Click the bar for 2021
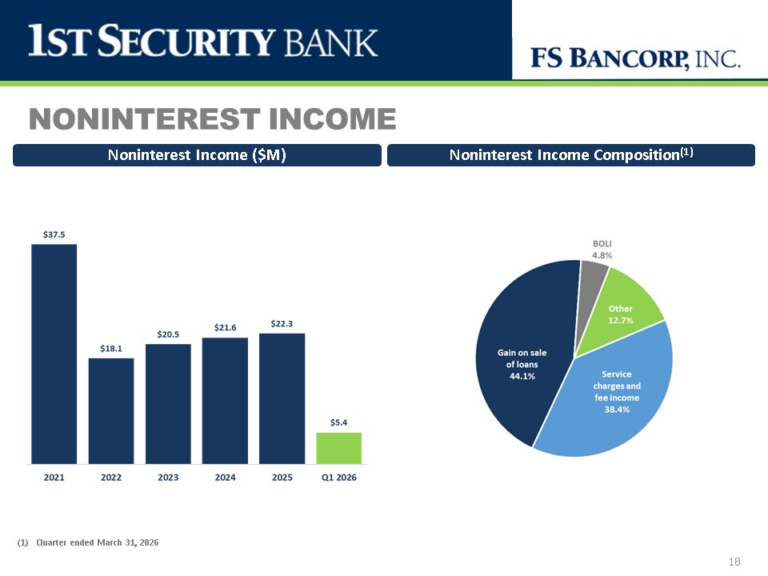[54, 354]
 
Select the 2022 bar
[111, 411]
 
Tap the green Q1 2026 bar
[339, 448]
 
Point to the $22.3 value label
[282, 324]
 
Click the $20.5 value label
[168, 334]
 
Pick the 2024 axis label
[225, 478]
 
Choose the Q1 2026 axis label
[339, 478]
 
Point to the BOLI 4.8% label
[602, 250]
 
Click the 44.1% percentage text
[522, 376]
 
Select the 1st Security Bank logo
[202, 41]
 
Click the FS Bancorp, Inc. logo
[635, 58]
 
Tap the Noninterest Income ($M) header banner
[197, 155]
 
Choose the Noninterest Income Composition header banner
[571, 155]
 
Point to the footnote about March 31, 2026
[88, 542]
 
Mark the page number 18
[734, 562]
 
